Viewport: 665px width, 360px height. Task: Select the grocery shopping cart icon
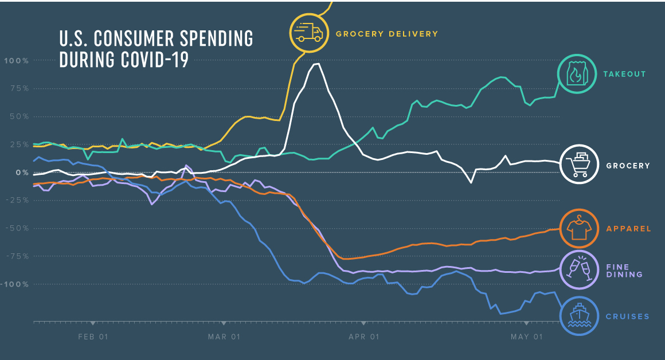580,164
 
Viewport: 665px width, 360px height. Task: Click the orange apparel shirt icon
580,228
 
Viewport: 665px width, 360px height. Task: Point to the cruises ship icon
580,315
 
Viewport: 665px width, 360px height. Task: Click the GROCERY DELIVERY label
386,34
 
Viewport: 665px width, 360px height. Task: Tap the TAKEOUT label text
624,74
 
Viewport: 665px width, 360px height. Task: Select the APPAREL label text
628,229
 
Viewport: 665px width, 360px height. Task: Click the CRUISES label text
627,316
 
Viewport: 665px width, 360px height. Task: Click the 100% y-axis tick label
17,61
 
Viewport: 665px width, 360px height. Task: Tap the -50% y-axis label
17,228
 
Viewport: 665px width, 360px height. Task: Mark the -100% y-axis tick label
15,284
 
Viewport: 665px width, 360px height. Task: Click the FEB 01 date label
93,337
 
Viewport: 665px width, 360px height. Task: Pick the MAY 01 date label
526,337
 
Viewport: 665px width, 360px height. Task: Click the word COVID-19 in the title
154,60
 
